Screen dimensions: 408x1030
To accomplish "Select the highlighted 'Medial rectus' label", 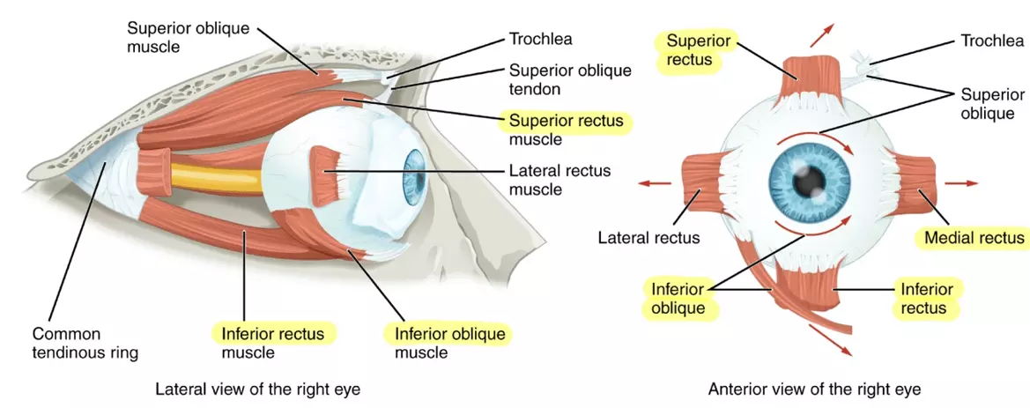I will (974, 238).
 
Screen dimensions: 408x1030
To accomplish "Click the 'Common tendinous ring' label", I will (85, 344).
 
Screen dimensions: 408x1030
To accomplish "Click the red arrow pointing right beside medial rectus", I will (961, 182).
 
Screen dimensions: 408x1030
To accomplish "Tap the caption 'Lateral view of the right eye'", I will (257, 389).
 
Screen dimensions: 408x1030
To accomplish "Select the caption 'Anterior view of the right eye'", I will (815, 389).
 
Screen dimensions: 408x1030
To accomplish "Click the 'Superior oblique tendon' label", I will (570, 79).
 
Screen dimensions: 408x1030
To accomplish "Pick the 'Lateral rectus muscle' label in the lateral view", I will (559, 180).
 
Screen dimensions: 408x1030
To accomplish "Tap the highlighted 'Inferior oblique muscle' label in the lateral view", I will (449, 343).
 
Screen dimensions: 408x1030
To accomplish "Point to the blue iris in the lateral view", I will (414, 174).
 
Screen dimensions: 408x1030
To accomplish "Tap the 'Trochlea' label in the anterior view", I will (991, 41).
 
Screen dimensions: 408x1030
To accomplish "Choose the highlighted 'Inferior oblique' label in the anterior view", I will (678, 298).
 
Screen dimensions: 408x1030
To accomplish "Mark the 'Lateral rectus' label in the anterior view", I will (648, 238).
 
